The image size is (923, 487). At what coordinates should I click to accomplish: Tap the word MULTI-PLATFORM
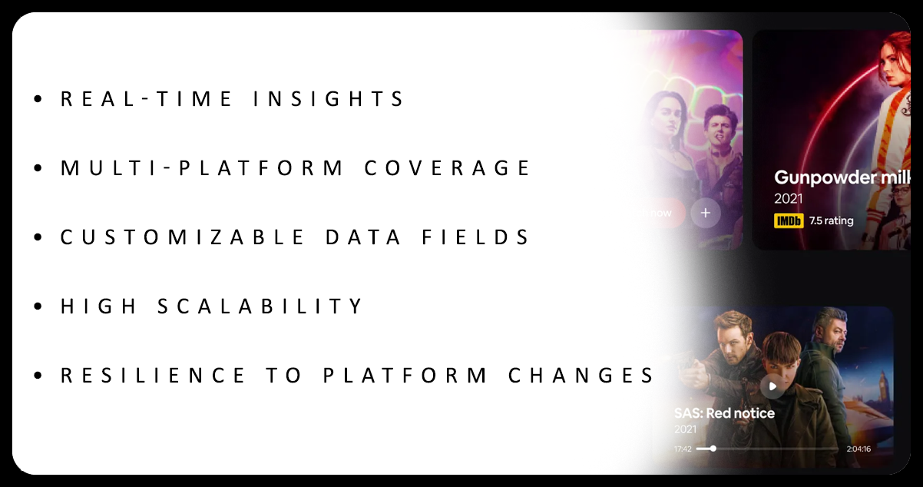pyautogui.click(x=203, y=168)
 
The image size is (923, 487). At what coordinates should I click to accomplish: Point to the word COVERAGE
pyautogui.click(x=447, y=168)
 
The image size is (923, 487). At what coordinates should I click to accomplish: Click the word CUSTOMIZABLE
pyautogui.click(x=183, y=237)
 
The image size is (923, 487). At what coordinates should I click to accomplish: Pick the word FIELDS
pyautogui.click(x=476, y=237)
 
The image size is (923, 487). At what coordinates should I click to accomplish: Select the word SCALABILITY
pyautogui.click(x=260, y=306)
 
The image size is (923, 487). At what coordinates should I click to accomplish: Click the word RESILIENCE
pyautogui.click(x=154, y=376)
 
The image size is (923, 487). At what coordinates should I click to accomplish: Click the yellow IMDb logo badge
pyautogui.click(x=789, y=221)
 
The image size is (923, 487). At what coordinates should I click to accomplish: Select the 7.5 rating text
pyautogui.click(x=831, y=221)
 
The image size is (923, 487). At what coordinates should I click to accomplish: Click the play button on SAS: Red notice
pyautogui.click(x=773, y=386)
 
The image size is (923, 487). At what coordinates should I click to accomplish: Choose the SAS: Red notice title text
pyautogui.click(x=724, y=413)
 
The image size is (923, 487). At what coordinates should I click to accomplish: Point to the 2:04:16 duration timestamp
pyautogui.click(x=858, y=449)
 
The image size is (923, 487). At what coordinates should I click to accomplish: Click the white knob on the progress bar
pyautogui.click(x=713, y=449)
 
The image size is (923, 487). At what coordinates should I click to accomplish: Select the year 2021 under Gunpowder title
pyautogui.click(x=788, y=199)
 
